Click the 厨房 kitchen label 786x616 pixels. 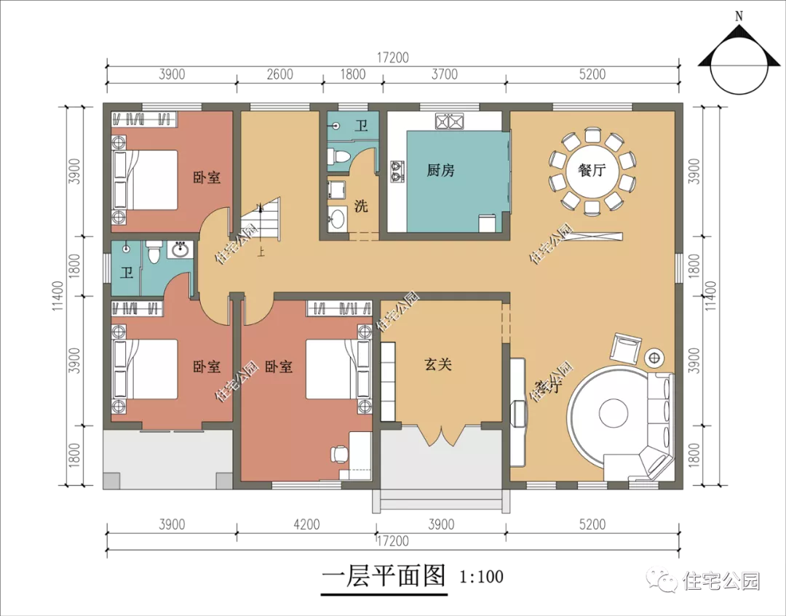pyautogui.click(x=440, y=171)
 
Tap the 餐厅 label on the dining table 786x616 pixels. pyautogui.click(x=592, y=170)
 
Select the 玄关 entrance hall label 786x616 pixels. pyautogui.click(x=438, y=364)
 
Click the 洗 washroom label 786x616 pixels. pyautogui.click(x=361, y=206)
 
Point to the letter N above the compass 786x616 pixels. pyautogui.click(x=739, y=17)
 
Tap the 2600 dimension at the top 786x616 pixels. pyautogui.click(x=279, y=75)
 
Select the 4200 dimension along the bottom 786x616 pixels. pyautogui.click(x=306, y=524)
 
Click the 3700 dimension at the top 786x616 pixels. pyautogui.click(x=445, y=75)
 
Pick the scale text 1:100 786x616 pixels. pyautogui.click(x=482, y=577)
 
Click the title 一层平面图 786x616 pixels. pyautogui.click(x=384, y=575)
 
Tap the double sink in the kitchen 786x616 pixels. pyautogui.click(x=450, y=121)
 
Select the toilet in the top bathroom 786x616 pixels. pyautogui.click(x=338, y=156)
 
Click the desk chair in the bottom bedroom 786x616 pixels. pyautogui.click(x=339, y=453)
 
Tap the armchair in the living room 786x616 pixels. pyautogui.click(x=626, y=348)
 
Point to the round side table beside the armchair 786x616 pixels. pyautogui.click(x=654, y=358)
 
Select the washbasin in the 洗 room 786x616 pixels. pyautogui.click(x=336, y=219)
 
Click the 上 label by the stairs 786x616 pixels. pyautogui.click(x=261, y=251)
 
